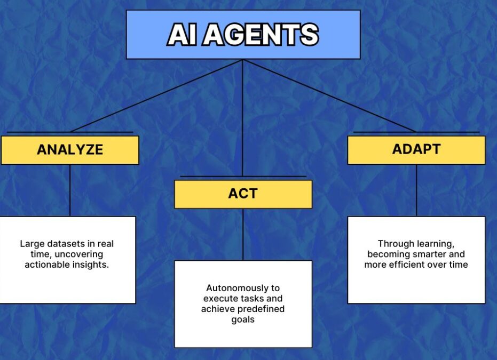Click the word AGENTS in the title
261,35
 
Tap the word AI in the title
182,35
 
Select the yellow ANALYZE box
70,150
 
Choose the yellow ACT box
243,194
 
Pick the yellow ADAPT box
416,150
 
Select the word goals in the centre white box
243,319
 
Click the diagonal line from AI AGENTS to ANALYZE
156,95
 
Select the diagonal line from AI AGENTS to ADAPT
329,95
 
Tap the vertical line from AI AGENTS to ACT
242,118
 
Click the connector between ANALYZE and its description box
70,190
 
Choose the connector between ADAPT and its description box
416,190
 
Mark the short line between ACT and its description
243,234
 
